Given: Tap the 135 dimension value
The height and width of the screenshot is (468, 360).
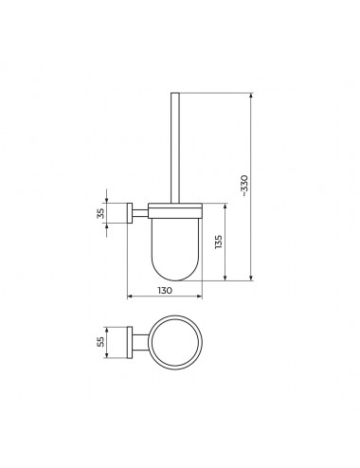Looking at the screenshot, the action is tap(219, 242).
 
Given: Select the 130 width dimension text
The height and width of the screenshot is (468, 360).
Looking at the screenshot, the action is tap(165, 290).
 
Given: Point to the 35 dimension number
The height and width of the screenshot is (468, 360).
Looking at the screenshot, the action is tap(100, 213).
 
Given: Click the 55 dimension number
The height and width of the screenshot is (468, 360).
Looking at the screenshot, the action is tap(100, 342).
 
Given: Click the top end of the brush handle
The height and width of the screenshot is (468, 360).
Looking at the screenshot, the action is tap(175, 93).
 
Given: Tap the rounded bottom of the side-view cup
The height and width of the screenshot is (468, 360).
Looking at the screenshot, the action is tap(175, 275).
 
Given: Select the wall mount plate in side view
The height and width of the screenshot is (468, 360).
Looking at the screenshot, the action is tap(130, 213).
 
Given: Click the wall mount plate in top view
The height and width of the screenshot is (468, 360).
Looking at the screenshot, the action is tap(130, 343).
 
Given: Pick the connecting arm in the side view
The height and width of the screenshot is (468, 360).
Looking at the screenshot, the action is tap(140, 213).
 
